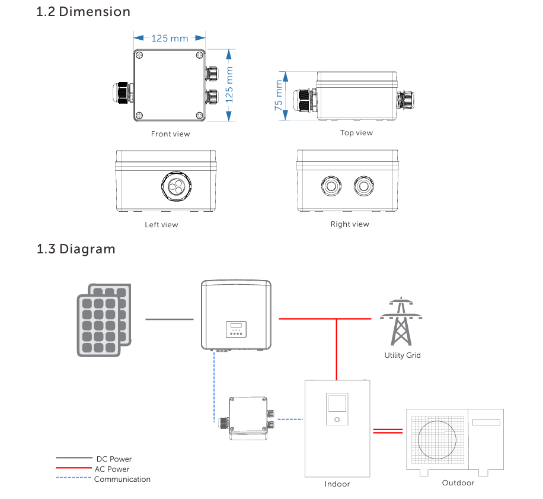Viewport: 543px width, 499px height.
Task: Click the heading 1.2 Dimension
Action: coord(84,11)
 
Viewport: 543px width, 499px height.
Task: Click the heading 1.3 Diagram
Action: coord(76,249)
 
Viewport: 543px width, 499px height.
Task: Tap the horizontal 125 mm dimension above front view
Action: coord(170,39)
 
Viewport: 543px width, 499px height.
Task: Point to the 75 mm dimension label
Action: coord(279,96)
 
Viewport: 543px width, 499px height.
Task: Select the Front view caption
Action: coord(171,134)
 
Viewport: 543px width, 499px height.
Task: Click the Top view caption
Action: coord(356,133)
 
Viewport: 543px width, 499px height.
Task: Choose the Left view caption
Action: coord(161,225)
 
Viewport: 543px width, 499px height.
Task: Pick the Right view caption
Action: coord(350,224)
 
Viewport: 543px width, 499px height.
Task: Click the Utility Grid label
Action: coord(403,355)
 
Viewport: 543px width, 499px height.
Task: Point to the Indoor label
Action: coord(337,484)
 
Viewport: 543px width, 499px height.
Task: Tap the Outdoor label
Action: coord(458,483)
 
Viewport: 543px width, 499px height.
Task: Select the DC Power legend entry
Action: coord(113,459)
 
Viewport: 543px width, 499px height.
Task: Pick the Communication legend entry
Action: coord(122,479)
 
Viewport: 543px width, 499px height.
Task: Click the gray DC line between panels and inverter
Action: coord(170,319)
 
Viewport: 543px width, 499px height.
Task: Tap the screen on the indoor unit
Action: coord(337,403)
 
